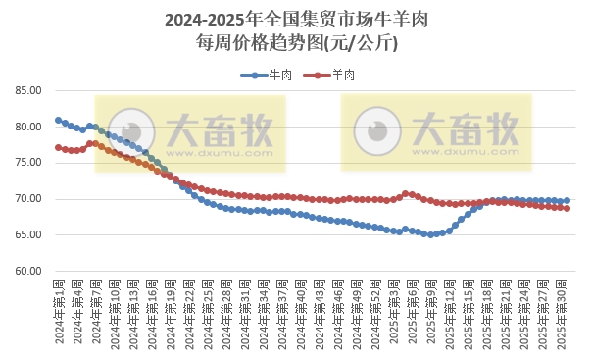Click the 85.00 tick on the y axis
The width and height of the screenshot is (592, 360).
pos(27,90)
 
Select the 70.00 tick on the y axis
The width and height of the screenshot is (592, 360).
pos(27,199)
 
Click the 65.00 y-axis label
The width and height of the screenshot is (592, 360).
pos(27,235)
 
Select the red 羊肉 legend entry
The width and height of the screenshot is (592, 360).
pos(333,75)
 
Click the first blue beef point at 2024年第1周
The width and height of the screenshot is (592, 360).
pos(59,121)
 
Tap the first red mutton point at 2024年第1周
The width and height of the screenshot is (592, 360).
pos(59,148)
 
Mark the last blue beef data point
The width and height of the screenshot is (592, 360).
pos(567,201)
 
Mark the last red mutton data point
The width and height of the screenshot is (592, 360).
pos(567,208)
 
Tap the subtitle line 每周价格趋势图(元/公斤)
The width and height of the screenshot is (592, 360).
pos(296,42)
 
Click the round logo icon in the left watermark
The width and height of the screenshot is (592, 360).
pos(125,131)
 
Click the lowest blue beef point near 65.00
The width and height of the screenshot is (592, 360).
pos(430,234)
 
